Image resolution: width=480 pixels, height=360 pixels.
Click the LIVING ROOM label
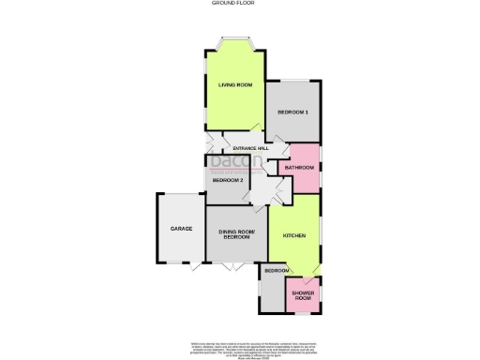pos(236,85)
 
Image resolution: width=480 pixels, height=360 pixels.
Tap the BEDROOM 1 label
pos(292,112)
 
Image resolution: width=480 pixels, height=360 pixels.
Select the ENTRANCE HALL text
pos(250,148)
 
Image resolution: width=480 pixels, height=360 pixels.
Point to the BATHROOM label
pos(300,167)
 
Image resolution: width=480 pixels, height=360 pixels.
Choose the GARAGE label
pos(181,229)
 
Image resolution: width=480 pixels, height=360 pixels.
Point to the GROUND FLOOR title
pos(240,4)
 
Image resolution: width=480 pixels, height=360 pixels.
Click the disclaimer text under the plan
pos(240,338)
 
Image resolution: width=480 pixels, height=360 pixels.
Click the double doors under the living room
pos(234,131)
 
